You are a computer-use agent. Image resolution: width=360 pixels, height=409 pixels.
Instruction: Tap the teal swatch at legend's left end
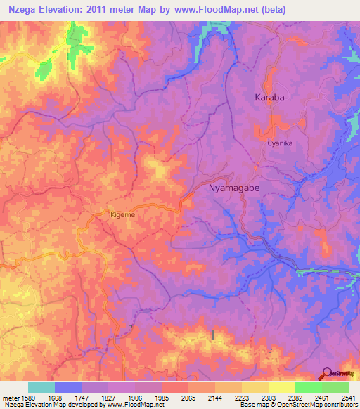(x=41, y=387)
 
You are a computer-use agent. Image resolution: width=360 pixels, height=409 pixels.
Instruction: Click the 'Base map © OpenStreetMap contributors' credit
(x=297, y=405)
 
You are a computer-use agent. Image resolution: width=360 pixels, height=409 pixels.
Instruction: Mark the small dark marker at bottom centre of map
(x=213, y=335)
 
